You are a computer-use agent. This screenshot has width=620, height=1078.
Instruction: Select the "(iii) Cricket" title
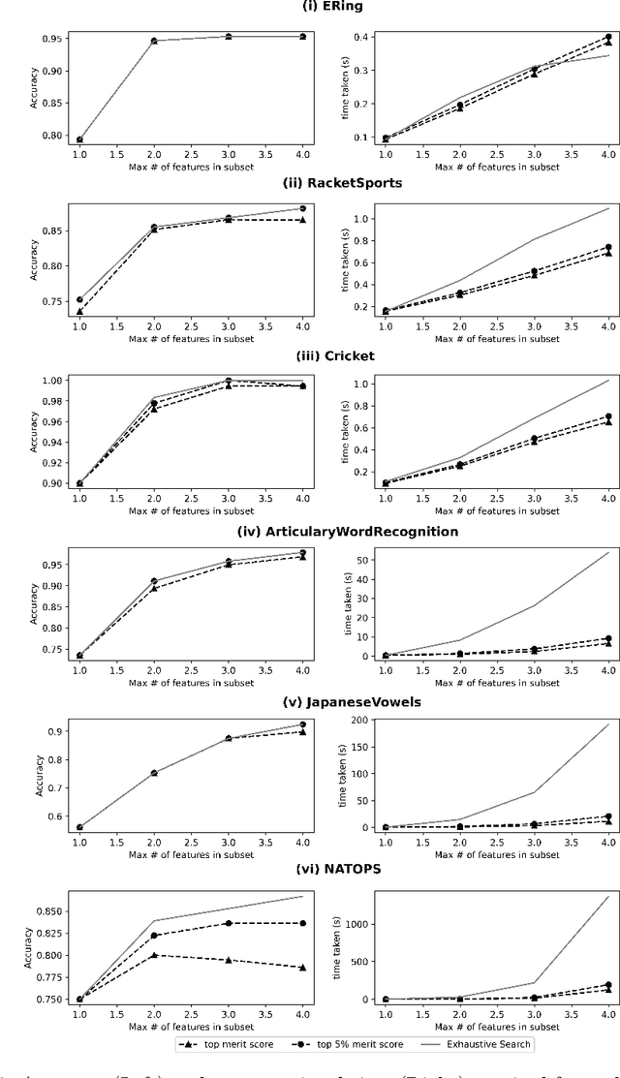[x=310, y=355]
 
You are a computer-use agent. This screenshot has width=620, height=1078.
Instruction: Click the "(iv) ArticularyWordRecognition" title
[x=310, y=530]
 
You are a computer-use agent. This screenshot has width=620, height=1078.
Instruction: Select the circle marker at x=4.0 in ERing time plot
[x=608, y=37]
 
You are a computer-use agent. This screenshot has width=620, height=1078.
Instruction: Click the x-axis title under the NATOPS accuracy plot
[x=191, y=1026]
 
